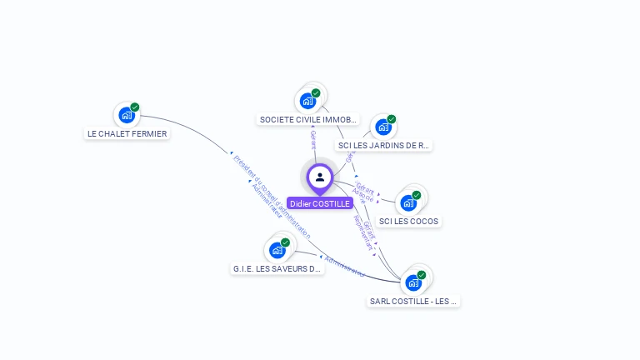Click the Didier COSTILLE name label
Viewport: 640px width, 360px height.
point(320,203)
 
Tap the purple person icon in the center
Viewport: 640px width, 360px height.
point(320,177)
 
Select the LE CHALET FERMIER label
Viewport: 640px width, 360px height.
point(127,133)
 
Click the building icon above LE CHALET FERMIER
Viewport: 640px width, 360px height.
point(126,115)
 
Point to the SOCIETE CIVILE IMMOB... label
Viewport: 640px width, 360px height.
point(308,120)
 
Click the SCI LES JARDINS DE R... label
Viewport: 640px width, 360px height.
point(384,145)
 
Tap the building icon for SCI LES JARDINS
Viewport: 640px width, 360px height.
point(382,127)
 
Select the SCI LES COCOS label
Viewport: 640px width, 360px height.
point(408,222)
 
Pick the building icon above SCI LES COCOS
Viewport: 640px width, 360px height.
point(407,202)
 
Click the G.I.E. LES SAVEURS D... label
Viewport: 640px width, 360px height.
point(277,269)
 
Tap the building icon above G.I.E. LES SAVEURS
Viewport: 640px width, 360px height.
point(277,250)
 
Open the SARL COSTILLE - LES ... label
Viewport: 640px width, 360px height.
point(413,301)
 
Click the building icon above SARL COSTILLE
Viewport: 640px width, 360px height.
point(412,282)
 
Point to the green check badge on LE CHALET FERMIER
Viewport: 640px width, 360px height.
point(135,107)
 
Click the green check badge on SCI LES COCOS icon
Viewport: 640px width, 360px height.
point(417,195)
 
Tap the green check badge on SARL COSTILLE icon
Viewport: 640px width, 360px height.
point(422,275)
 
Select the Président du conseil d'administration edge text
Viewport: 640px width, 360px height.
point(272,197)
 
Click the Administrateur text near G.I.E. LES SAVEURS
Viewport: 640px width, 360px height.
point(344,266)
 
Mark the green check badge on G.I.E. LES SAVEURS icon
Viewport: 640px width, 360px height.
point(286,242)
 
